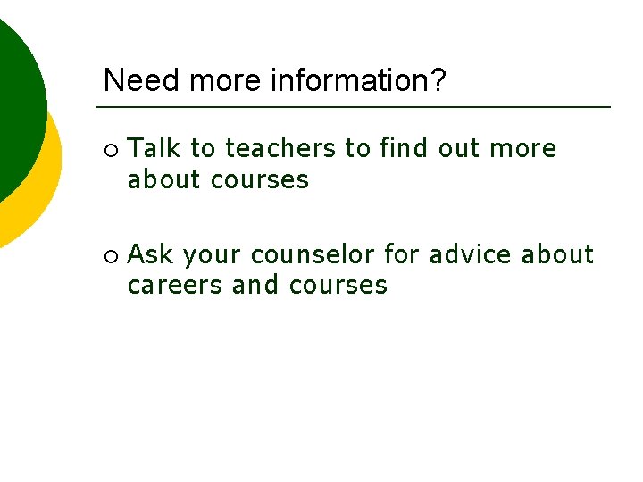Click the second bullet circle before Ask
pos(109,256)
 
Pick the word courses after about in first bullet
pos(260,179)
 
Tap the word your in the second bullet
pos(213,256)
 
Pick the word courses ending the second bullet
pos(338,286)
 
